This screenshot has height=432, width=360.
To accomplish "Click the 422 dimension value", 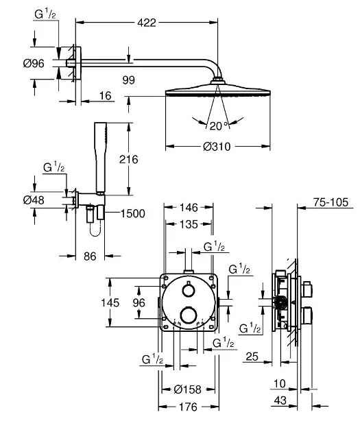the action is [147, 23].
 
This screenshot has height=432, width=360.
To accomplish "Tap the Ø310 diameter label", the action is [217, 147].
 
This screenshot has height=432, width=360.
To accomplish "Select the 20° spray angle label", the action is [219, 126].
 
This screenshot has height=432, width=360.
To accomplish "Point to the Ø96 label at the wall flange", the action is [34, 64].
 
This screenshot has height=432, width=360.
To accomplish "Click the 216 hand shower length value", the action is [129, 159].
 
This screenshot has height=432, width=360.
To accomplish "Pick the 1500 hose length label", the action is [133, 213].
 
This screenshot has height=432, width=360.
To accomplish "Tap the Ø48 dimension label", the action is [34, 200].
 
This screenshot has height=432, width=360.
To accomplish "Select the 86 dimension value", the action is [90, 256].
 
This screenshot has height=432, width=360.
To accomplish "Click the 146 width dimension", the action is [189, 208].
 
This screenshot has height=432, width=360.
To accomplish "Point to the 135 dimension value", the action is [189, 224].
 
